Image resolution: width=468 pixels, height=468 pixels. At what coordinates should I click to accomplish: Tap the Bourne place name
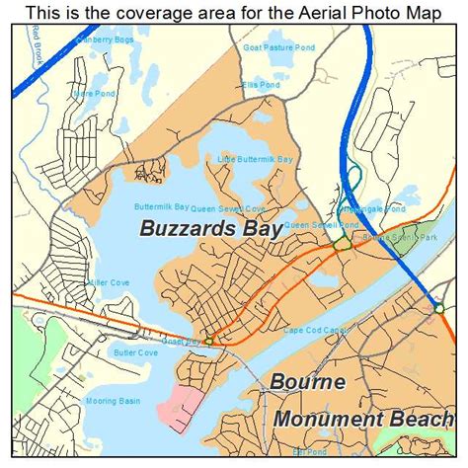309,381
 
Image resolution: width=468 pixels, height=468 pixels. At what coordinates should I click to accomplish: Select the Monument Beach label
363,418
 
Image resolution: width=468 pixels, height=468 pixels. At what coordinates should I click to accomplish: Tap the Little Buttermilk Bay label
256,159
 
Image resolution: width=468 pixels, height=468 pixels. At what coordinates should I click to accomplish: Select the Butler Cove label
134,352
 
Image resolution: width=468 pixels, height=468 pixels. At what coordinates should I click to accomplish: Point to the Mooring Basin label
110,402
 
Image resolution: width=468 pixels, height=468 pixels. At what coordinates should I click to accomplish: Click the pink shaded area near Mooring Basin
184,405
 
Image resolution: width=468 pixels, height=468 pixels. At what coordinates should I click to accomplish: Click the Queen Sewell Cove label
228,209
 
